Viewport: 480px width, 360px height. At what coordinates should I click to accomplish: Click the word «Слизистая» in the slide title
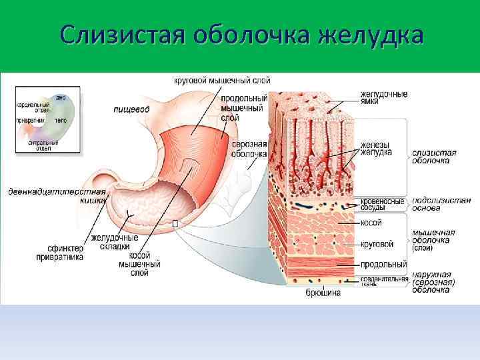tap(120, 33)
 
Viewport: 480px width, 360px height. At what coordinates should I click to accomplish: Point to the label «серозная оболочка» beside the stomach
tap(249, 148)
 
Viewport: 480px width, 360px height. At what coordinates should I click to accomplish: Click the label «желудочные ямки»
tap(384, 99)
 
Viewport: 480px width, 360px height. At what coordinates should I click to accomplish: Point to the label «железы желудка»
tap(375, 148)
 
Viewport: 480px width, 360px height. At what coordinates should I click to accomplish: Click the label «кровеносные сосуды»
tap(382, 204)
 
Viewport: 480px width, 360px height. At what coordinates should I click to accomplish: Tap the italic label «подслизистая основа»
tap(434, 203)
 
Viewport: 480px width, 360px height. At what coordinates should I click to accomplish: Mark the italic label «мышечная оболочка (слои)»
tap(433, 239)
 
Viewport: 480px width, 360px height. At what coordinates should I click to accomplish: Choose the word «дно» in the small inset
tap(61, 97)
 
